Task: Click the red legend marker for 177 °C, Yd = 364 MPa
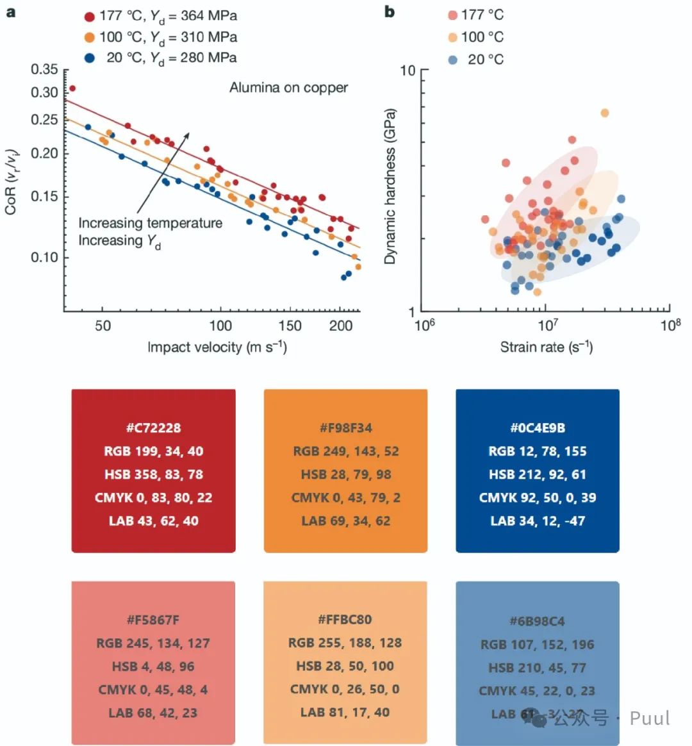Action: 90,17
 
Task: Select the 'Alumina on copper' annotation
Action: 288,88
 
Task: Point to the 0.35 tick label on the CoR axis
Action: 45,69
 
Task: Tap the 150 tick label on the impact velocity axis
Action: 290,326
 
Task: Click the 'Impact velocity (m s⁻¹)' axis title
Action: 217,347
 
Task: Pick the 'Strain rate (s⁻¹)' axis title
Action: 546,347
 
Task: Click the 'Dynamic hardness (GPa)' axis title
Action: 390,187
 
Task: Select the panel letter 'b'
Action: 390,12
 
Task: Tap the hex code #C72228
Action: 153,428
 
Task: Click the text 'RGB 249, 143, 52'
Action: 345,451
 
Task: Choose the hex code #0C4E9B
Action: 537,428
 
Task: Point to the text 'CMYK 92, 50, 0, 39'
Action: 537,497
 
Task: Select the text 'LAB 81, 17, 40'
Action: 345,713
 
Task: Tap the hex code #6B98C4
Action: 537,621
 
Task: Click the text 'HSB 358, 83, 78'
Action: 153,474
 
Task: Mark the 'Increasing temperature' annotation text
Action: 151,223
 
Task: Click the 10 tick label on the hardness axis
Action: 408,70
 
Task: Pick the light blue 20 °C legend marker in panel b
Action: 453,60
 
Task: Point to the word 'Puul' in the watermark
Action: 650,718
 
